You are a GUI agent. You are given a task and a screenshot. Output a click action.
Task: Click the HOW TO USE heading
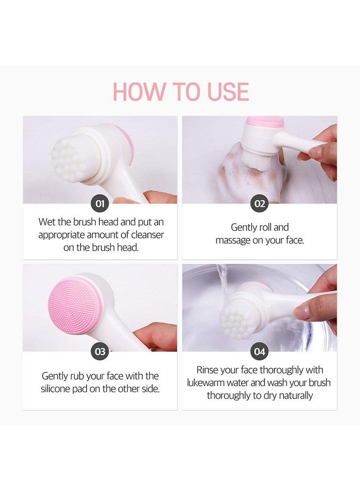tap(181, 91)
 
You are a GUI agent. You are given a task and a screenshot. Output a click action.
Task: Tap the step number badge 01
tap(100, 204)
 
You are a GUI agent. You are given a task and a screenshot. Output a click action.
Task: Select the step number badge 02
tap(259, 204)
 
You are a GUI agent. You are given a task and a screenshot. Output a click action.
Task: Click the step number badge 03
tap(100, 352)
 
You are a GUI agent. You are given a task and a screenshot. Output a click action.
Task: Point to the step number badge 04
tap(259, 352)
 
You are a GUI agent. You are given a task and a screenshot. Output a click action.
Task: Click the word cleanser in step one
tap(145, 235)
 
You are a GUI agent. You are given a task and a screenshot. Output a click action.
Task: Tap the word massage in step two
tap(233, 240)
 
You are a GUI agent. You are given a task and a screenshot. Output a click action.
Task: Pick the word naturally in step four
tap(293, 396)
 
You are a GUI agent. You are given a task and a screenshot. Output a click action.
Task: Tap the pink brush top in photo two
tap(264, 122)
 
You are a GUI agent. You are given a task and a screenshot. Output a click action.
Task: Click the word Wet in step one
tap(47, 222)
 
